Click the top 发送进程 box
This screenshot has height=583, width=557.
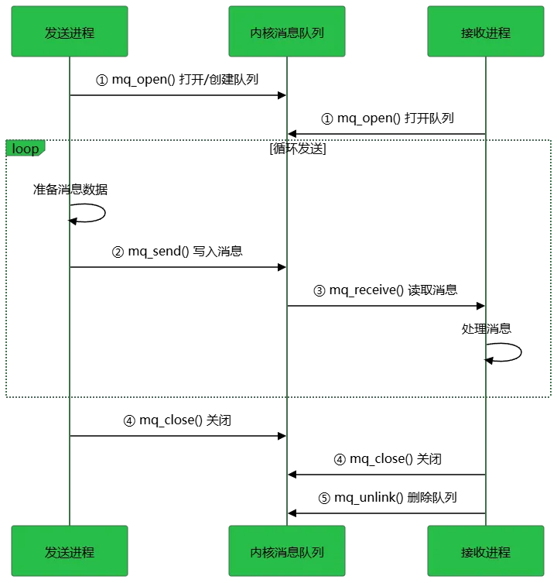pyautogui.click(x=70, y=33)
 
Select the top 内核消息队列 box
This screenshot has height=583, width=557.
pyautogui.click(x=287, y=33)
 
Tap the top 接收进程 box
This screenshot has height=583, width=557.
pyautogui.click(x=486, y=33)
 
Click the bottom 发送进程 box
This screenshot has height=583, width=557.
pyautogui.click(x=70, y=551)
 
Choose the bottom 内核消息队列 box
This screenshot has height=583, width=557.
pyautogui.click(x=287, y=551)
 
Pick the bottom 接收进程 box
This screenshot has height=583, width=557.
pyautogui.click(x=486, y=551)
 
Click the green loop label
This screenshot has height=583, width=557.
pyautogui.click(x=26, y=148)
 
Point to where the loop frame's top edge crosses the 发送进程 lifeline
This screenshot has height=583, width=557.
pyautogui.click(x=70, y=139)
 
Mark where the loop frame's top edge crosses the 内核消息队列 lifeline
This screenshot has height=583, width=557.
pyautogui.click(x=287, y=139)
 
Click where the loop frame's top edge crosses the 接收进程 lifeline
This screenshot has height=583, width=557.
pyautogui.click(x=486, y=139)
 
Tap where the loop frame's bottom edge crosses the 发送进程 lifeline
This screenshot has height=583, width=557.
pyautogui.click(x=70, y=398)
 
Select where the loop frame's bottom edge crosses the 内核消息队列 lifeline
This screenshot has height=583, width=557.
pyautogui.click(x=287, y=398)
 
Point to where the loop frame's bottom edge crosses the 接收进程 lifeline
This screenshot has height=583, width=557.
pyautogui.click(x=486, y=398)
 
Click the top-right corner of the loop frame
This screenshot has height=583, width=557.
pyautogui.click(x=552, y=139)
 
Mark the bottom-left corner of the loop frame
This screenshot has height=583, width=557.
pyautogui.click(x=8, y=398)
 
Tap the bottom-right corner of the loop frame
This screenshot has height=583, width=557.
pyautogui.click(x=552, y=398)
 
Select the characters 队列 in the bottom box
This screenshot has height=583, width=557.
pyautogui.click(x=312, y=552)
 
